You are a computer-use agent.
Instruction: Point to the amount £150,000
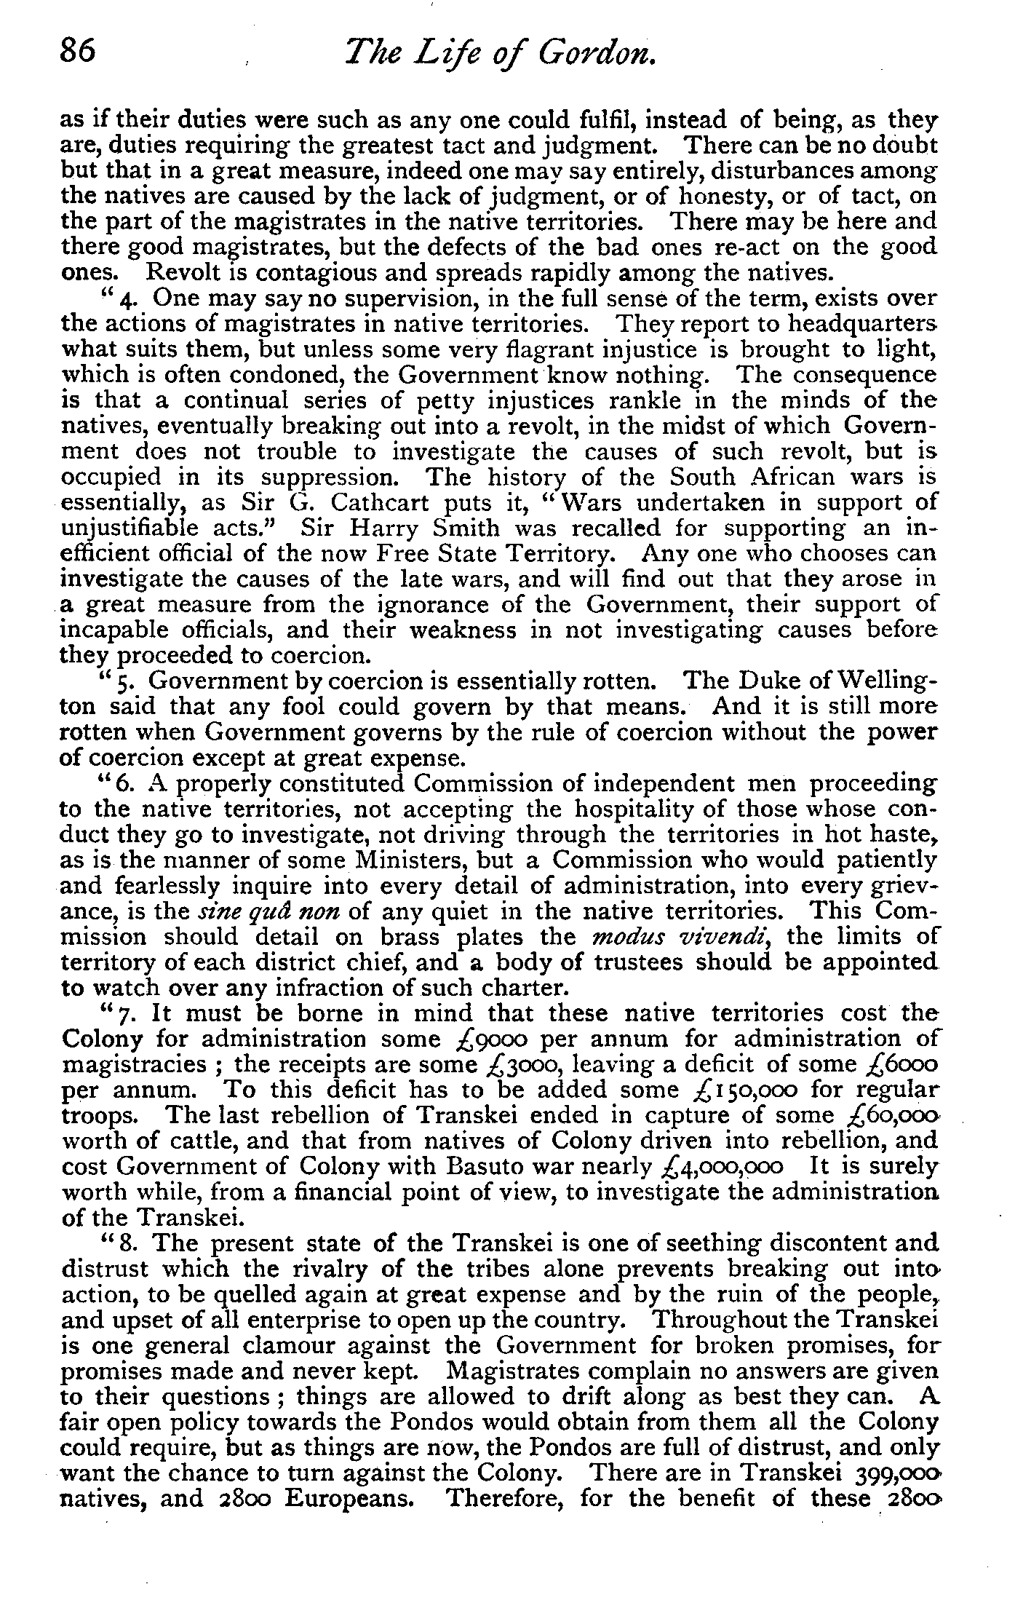[749, 1090]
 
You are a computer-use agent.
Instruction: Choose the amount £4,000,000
[719, 1167]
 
